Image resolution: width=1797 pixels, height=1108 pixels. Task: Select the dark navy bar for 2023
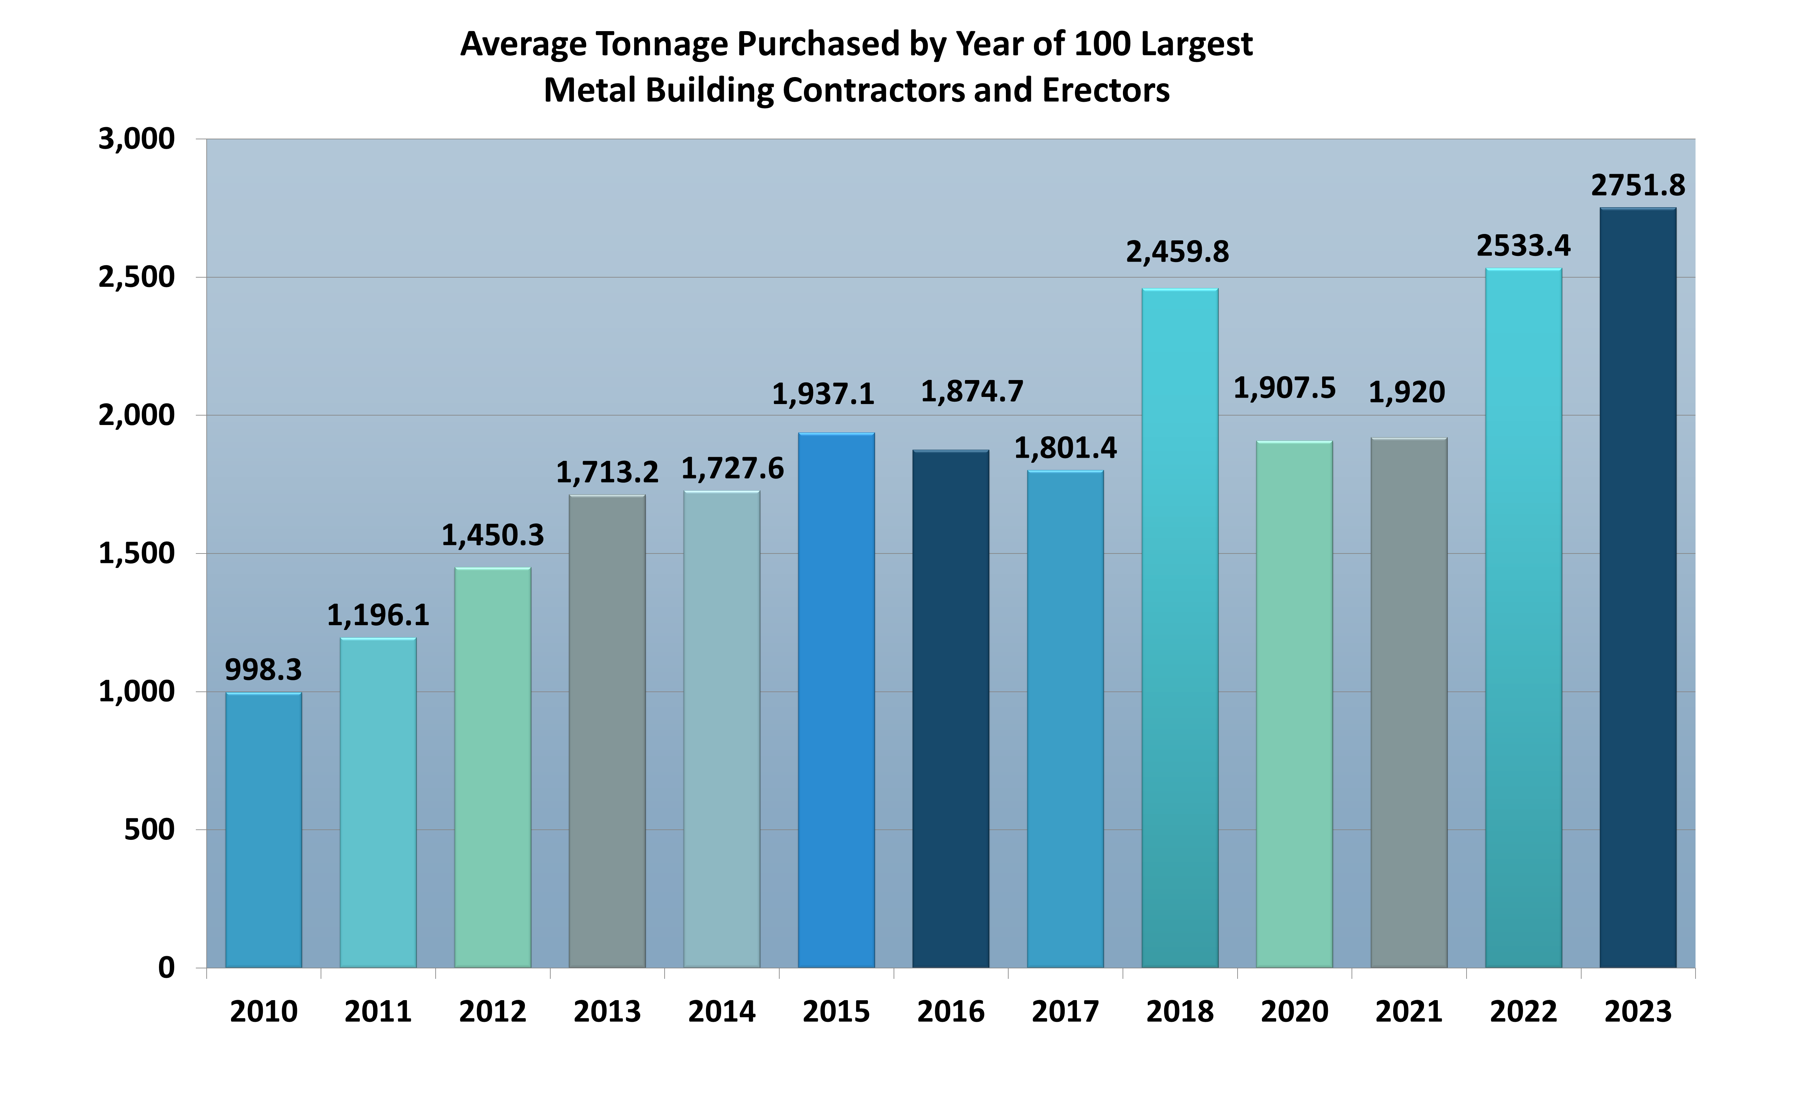coord(1637,588)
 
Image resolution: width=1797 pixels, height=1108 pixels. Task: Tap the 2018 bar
coord(1179,628)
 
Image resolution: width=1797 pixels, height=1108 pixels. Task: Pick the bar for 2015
coord(836,700)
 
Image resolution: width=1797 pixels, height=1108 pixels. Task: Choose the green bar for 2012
coord(492,767)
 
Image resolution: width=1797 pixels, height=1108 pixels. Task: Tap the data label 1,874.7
coord(972,392)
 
